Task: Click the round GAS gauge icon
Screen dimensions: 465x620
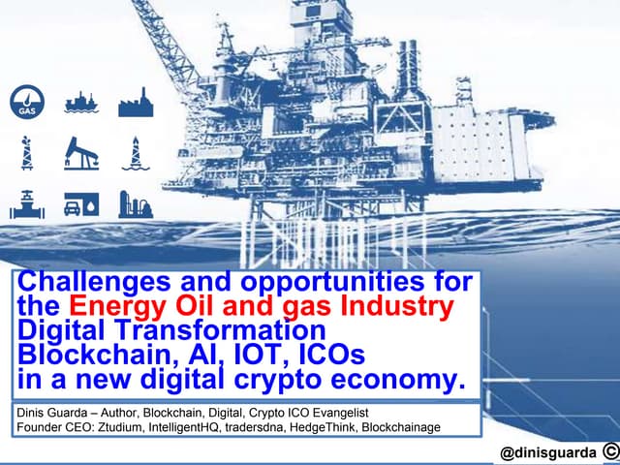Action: coord(26,102)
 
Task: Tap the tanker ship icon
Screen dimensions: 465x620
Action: coord(81,102)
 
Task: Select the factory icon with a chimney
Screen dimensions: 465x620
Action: coord(136,102)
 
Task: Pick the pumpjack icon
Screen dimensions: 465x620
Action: coord(81,153)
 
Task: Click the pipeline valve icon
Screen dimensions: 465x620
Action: coord(26,203)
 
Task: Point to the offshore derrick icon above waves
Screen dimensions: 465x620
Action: coord(136,153)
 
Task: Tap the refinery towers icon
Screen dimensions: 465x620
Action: coord(136,203)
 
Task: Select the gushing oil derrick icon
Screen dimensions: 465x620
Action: coord(26,153)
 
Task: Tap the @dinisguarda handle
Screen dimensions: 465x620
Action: coord(541,452)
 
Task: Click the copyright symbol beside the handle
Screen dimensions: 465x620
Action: coord(608,451)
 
